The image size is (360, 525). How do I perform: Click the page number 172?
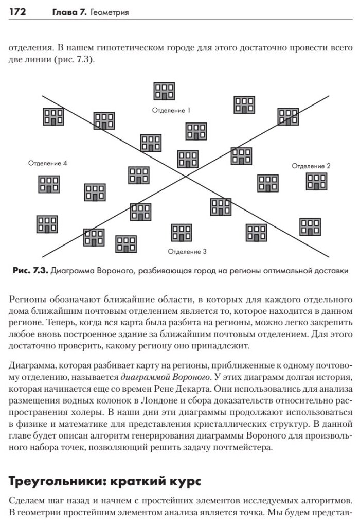[x=18, y=11]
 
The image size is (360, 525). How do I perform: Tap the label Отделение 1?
[x=172, y=110]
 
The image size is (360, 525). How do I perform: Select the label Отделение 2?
[x=311, y=166]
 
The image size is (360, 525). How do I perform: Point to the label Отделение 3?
[x=187, y=252]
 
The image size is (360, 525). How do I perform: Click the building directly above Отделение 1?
[x=165, y=91]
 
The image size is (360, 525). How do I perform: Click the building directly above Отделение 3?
[x=182, y=232]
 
